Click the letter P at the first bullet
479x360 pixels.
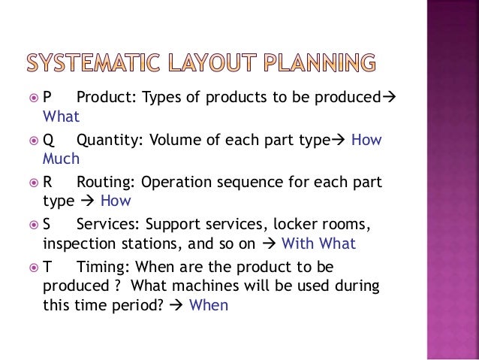tap(47, 98)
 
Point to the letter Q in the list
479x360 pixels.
tap(49, 141)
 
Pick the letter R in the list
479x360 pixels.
tap(48, 183)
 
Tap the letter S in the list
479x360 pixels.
tap(47, 225)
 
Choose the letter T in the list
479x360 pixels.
tap(47, 268)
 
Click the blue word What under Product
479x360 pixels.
tap(61, 116)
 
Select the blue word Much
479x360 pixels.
tap(61, 159)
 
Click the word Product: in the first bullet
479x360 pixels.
tap(105, 98)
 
